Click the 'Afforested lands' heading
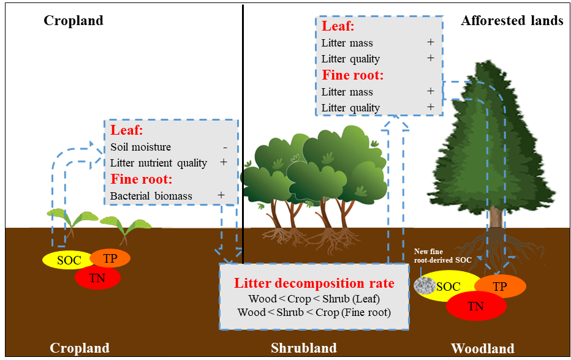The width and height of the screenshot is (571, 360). coord(512,21)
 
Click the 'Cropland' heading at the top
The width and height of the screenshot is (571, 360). coord(74,21)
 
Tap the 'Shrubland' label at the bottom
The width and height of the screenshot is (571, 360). coord(304,348)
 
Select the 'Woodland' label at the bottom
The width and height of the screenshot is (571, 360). coord(482,349)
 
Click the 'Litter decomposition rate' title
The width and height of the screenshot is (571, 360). coord(314,283)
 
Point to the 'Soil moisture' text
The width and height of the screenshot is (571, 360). coord(141,147)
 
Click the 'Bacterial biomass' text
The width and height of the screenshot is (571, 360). coord(151,196)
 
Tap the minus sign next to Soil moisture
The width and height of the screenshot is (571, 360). coord(225,147)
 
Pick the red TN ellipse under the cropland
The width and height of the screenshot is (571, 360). coord(97,277)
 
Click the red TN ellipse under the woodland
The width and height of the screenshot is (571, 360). coord(475,306)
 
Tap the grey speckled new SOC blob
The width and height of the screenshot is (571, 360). coord(425,285)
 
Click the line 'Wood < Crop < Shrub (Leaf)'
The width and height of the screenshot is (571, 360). coord(314,299)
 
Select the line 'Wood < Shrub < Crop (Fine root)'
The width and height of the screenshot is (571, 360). coord(314,313)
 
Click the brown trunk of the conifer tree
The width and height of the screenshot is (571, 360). coord(496,217)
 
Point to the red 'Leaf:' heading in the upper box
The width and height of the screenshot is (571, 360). coord(339,27)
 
